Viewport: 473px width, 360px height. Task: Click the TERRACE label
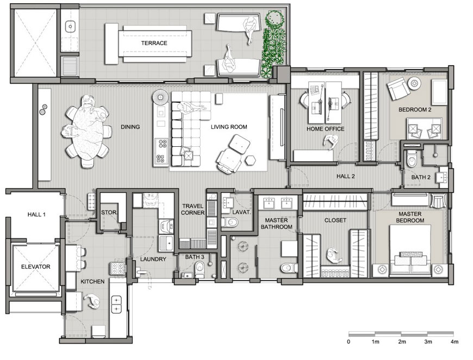154,43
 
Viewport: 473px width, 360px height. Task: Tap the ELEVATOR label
35,267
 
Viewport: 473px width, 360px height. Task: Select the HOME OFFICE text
326,129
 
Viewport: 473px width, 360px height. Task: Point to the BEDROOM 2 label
415,109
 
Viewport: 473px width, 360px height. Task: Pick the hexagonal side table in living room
250,160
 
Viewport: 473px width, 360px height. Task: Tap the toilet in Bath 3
200,268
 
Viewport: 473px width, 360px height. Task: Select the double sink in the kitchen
116,305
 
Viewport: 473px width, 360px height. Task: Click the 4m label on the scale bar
455,342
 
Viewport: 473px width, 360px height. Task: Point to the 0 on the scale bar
348,342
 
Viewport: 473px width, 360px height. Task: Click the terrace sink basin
70,27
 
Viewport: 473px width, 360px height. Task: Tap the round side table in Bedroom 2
414,83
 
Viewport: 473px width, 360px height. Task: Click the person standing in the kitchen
92,301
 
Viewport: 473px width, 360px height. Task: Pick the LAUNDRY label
153,259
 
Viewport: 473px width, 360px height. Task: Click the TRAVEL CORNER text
193,209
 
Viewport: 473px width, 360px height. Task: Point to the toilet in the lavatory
229,223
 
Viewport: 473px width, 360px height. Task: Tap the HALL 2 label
346,176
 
